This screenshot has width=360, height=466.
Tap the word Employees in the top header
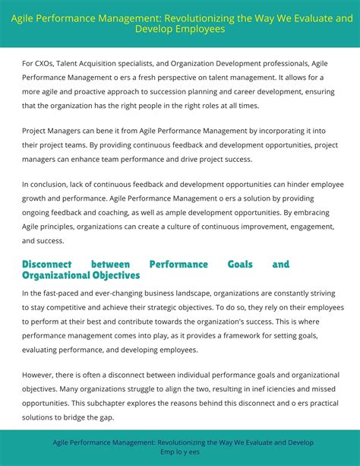201,29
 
